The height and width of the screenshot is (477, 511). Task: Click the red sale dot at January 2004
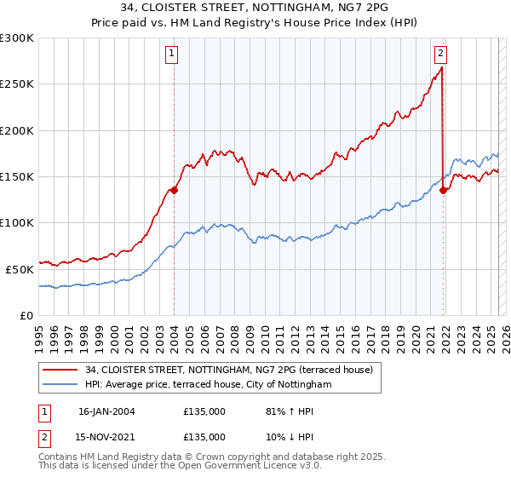174,190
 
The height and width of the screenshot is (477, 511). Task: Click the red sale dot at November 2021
443,190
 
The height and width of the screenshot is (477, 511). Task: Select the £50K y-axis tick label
20,268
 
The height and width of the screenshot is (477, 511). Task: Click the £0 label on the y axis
26,314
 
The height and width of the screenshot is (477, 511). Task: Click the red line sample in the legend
60,369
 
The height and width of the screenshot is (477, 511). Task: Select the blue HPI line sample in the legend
60,385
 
